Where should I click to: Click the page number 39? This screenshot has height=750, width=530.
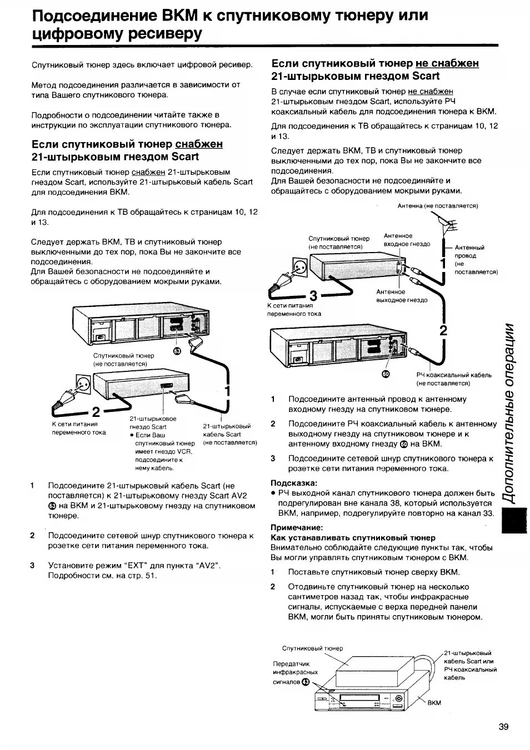pos(503,727)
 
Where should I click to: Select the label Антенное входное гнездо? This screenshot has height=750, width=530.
pos(406,240)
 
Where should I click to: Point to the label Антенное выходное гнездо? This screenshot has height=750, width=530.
pos(401,296)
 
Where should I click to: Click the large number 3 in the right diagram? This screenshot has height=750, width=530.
pos(313,295)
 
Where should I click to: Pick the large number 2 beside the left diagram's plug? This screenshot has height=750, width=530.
pos(96,412)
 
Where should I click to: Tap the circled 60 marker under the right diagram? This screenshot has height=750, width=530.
pos(387,375)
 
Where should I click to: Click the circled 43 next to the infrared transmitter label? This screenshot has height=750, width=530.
pos(305,682)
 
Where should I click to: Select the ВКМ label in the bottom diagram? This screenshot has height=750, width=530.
pos(434,702)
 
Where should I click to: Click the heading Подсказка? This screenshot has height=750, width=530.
pos(293,482)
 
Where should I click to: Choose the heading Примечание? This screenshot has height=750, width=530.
pos(296,527)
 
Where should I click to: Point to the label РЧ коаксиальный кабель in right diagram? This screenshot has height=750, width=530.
pos(453,375)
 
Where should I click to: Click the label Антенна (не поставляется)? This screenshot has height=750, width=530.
pos(438,205)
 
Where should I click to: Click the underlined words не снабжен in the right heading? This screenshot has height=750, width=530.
pos(447,63)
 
